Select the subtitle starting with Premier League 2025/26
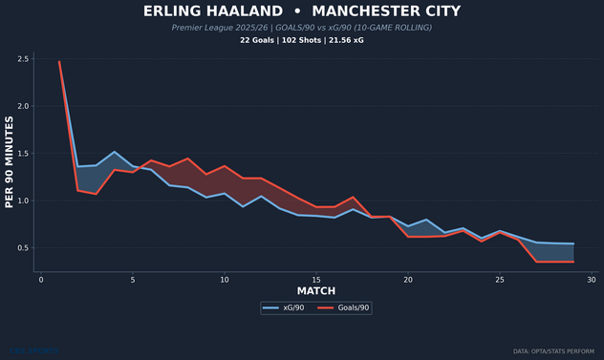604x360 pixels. pos(302,28)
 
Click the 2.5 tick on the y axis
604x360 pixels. pos(22,59)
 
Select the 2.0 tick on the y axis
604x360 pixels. pos(22,106)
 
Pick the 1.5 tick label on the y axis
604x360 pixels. pos(22,154)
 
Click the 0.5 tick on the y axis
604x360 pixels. pos(22,248)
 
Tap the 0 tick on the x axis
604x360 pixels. pos(41,280)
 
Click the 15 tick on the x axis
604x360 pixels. pos(316,280)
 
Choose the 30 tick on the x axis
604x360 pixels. pos(592,280)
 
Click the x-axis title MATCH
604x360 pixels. pos(315,290)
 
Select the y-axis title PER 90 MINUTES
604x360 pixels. pos(10,162)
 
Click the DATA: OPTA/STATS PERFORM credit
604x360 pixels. pos(554,350)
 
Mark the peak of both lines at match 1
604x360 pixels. pos(59,61)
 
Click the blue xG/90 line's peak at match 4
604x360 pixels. pos(115,152)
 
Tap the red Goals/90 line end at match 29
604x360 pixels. pos(573,262)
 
